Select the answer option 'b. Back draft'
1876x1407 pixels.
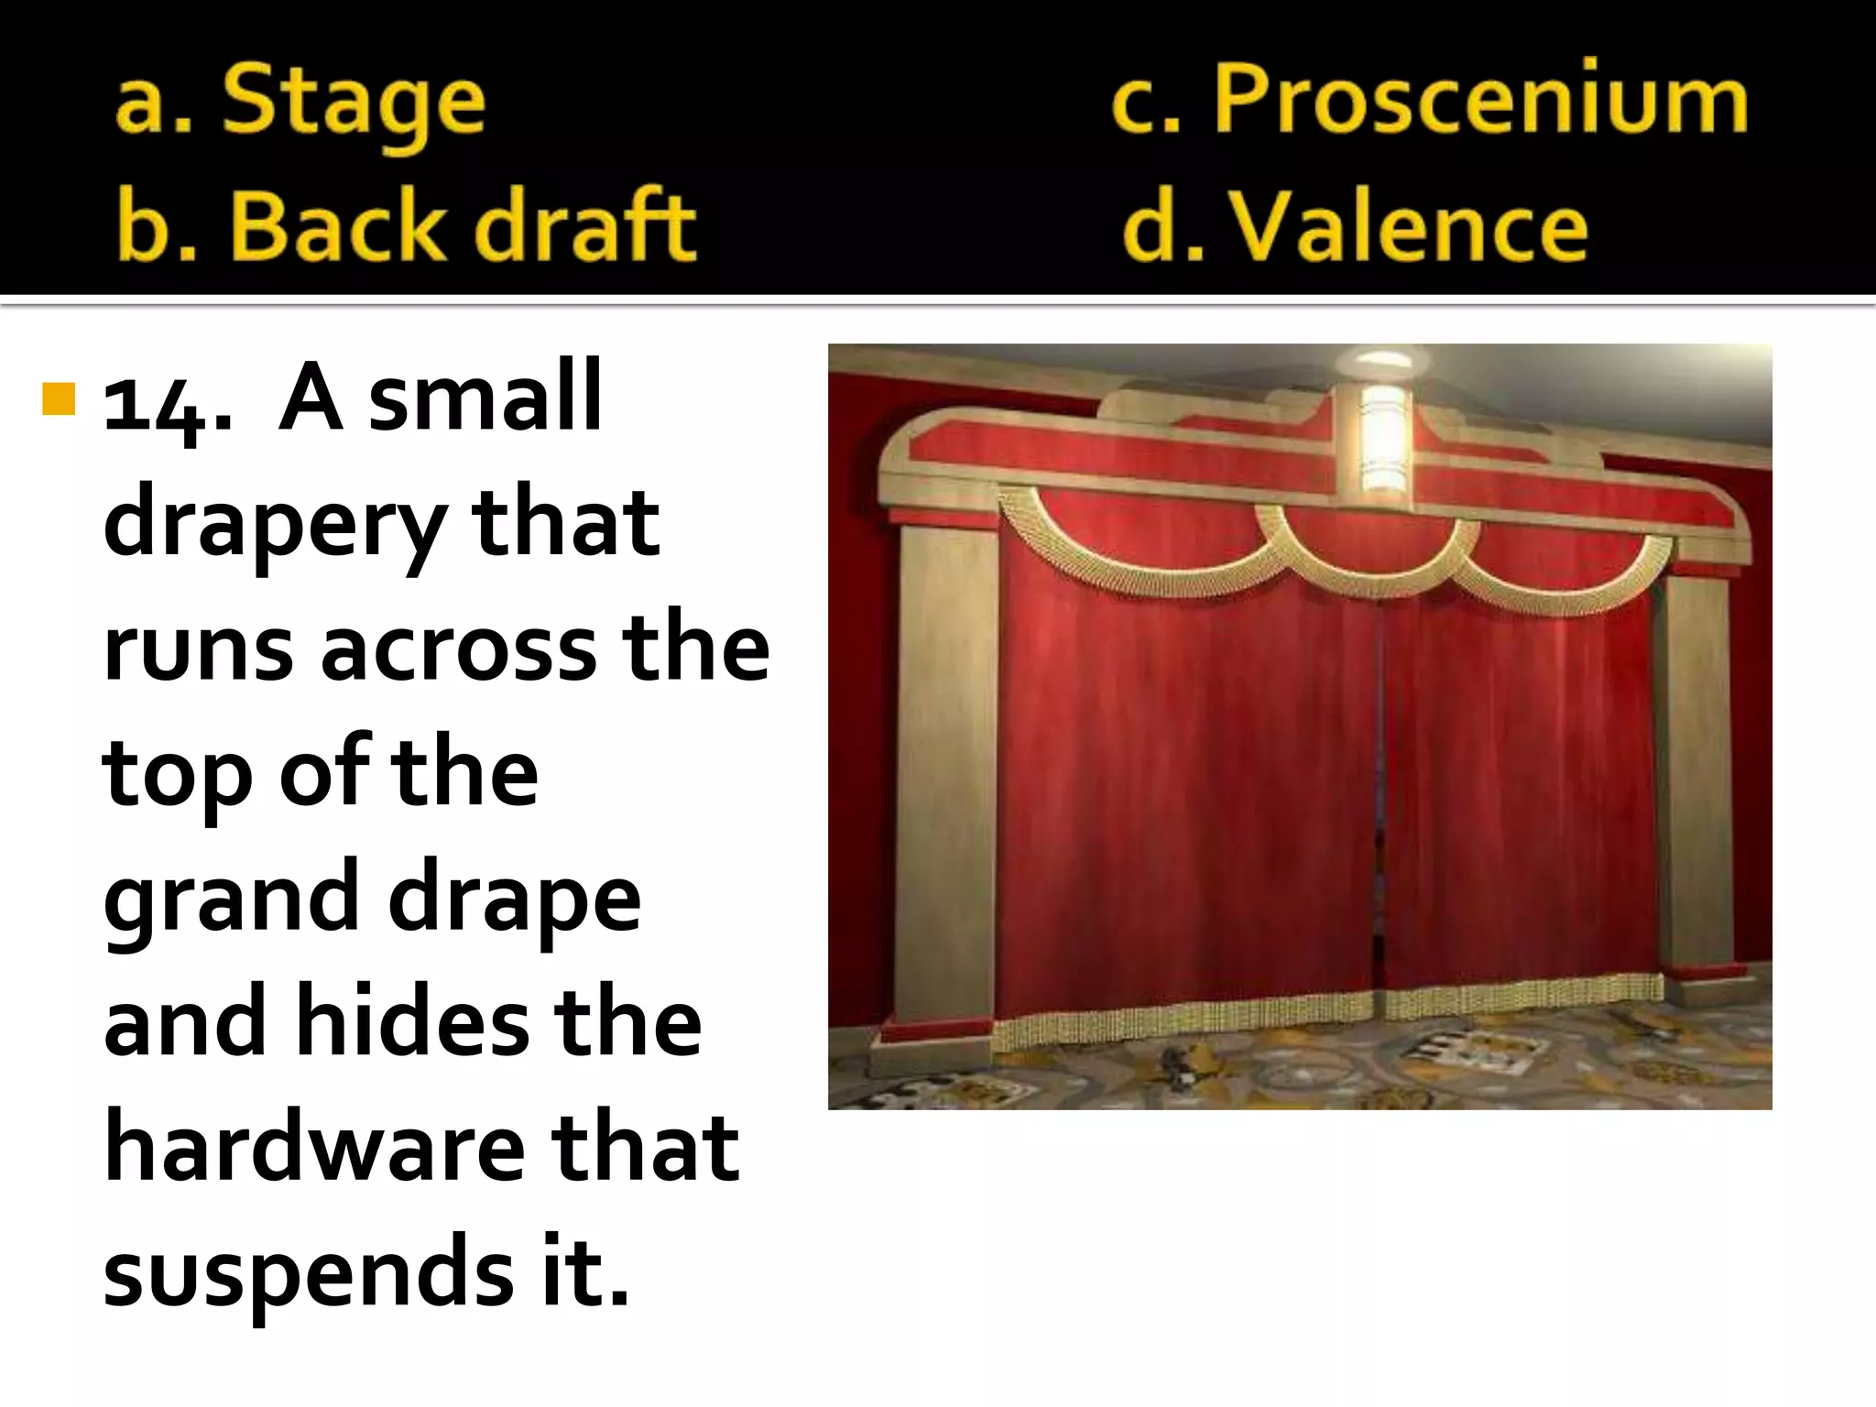click(x=407, y=225)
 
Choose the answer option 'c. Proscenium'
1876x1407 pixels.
click(x=1429, y=99)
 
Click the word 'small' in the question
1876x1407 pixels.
click(x=485, y=398)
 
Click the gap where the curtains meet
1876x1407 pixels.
click(x=1380, y=797)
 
